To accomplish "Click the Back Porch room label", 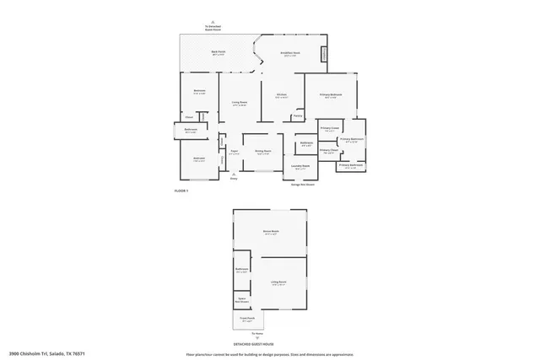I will point(217,53).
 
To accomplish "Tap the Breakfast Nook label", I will point(290,54).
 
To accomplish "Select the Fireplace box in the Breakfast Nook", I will point(323,54).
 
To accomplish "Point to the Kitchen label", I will point(281,95).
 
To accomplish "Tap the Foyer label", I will point(235,153).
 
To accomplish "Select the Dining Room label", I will point(262,152).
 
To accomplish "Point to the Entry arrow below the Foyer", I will point(235,175).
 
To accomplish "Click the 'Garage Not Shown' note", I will point(304,184).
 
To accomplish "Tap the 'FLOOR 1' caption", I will point(181,191).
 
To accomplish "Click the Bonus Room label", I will point(270,231).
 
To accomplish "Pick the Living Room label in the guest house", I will point(279,283).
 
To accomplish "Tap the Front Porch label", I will point(247,320).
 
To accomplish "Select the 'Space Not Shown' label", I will point(241,299).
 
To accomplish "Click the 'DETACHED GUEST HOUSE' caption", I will point(256,344).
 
